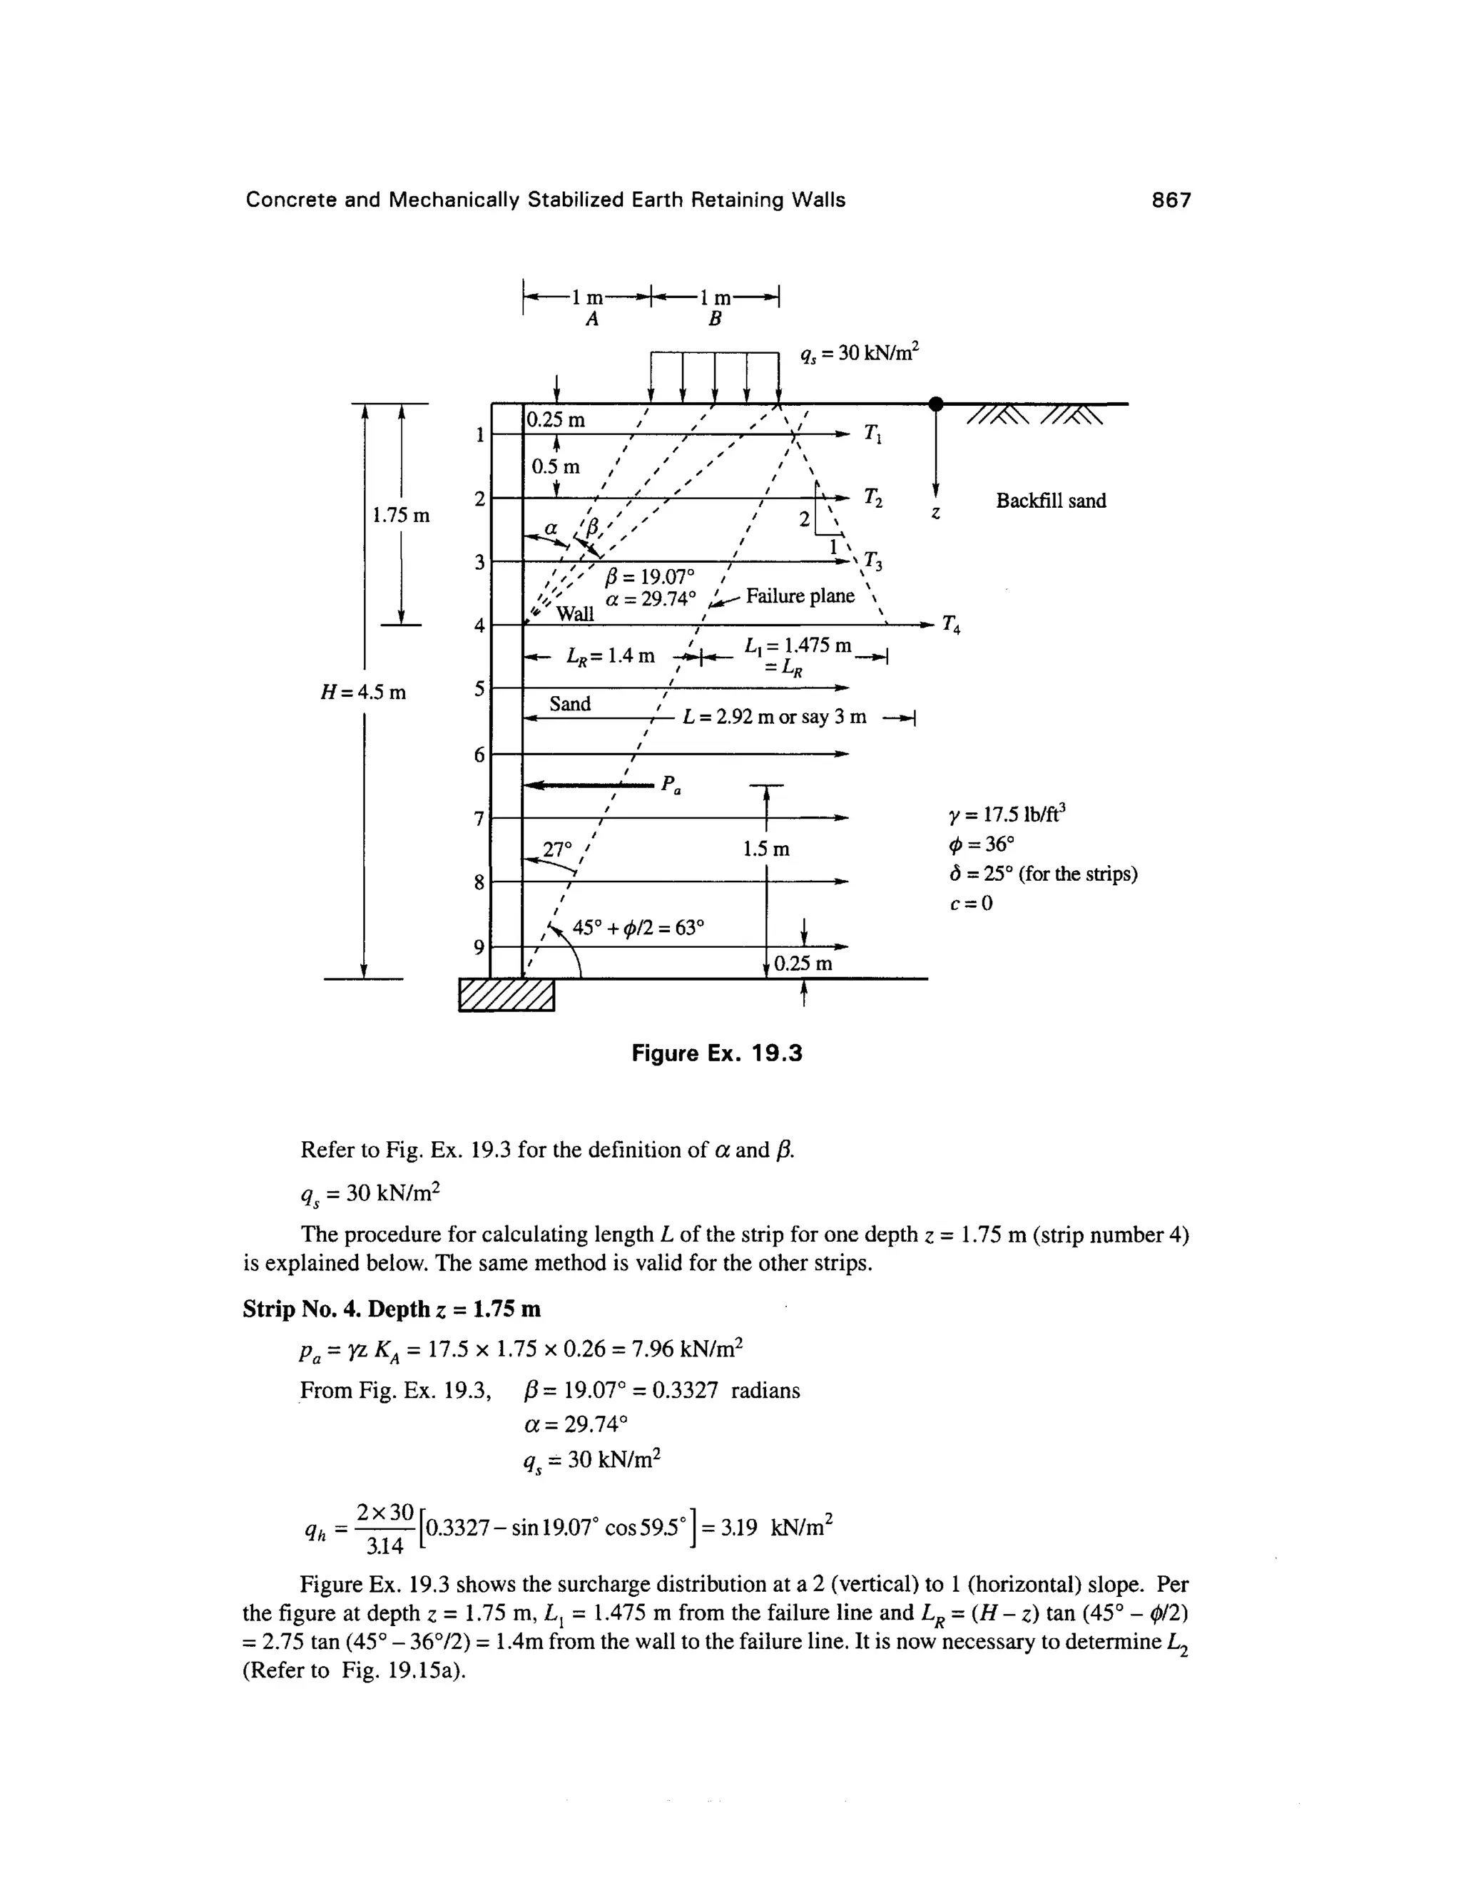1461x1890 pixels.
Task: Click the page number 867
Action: pos(1171,201)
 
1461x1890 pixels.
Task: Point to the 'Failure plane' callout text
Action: pos(800,596)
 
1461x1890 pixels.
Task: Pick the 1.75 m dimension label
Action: pos(401,516)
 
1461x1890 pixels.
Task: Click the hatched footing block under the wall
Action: pos(506,994)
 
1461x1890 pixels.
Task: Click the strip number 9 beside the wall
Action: pos(479,946)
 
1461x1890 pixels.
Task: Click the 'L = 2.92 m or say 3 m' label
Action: pos(774,717)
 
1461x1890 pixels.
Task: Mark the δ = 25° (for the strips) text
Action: pos(1043,874)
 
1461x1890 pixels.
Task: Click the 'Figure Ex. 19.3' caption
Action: pos(717,1053)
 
